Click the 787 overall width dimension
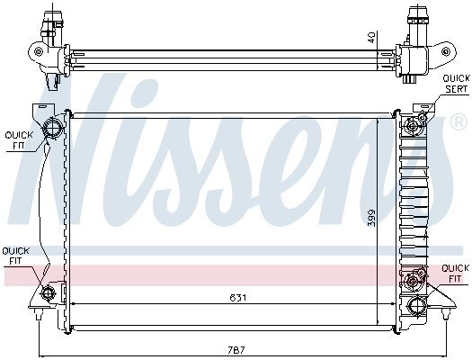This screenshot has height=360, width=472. pos(236,350)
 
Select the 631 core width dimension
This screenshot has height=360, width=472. pos(238,298)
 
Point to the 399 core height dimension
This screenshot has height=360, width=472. pos(372,218)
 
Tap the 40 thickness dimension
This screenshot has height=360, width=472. pos(372,38)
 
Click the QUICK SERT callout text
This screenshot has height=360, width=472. pos(456,84)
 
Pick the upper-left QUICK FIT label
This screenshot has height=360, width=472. pos(19,140)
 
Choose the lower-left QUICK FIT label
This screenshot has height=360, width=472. pos(15,256)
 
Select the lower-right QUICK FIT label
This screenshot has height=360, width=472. pos(455,274)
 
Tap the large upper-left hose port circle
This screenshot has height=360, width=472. pos(53,128)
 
